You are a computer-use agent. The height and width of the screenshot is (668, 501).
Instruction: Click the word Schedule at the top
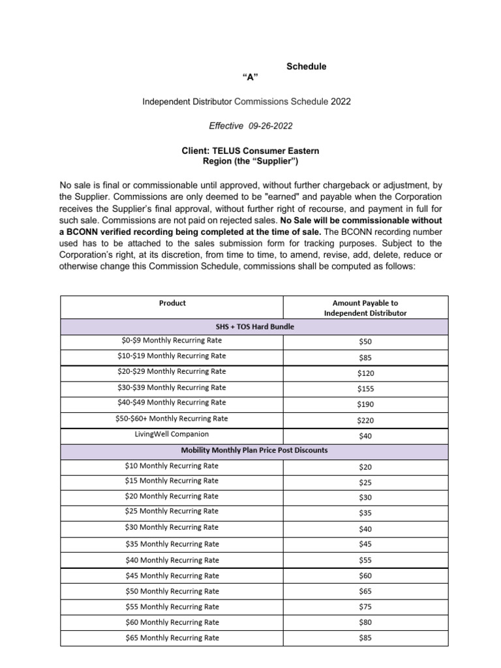(x=307, y=67)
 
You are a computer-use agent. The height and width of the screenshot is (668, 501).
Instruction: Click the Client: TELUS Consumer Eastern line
(x=250, y=151)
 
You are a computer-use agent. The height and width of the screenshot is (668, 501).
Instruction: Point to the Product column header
(x=172, y=303)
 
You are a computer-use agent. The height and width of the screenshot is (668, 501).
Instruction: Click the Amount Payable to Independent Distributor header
(x=365, y=308)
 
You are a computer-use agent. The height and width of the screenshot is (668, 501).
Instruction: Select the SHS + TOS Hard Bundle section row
(x=254, y=326)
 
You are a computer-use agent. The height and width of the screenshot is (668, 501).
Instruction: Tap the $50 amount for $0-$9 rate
(x=365, y=342)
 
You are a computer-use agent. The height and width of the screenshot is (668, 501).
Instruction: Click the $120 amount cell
(x=365, y=373)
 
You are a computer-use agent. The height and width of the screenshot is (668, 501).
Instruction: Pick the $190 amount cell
(x=365, y=404)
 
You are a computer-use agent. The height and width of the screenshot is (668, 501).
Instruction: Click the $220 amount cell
(x=365, y=421)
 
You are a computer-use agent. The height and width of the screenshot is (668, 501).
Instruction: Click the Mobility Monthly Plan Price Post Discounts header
(x=254, y=451)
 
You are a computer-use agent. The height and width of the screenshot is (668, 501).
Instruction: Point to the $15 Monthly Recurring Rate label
(x=172, y=481)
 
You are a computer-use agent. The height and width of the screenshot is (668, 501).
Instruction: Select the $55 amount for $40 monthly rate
(x=365, y=560)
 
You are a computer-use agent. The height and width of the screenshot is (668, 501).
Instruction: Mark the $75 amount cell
(x=365, y=607)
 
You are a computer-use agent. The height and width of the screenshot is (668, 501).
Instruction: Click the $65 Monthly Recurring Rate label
(x=172, y=638)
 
